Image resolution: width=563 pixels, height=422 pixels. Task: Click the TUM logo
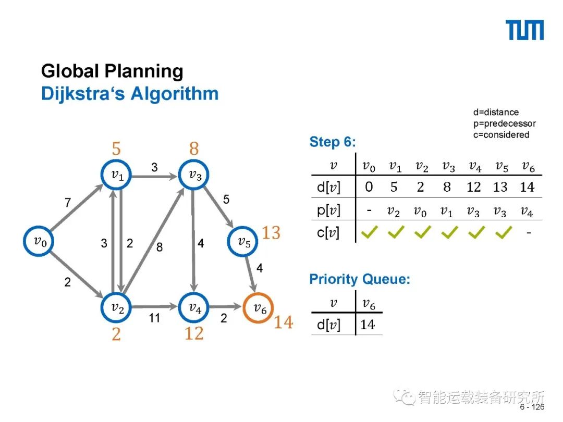(x=525, y=30)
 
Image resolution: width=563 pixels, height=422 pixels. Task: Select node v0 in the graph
(x=39, y=241)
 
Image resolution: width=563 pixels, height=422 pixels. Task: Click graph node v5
(x=244, y=241)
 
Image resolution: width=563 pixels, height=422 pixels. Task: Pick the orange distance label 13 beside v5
(x=271, y=233)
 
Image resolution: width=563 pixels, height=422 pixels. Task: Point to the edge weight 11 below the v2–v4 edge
(x=154, y=317)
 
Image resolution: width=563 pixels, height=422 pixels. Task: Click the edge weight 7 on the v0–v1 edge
(x=68, y=203)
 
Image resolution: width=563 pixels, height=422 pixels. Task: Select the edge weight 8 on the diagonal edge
(x=160, y=247)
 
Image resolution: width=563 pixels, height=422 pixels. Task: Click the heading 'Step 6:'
(x=333, y=142)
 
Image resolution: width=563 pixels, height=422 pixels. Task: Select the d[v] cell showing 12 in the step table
(x=473, y=187)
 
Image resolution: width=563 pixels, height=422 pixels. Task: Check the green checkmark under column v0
(x=369, y=232)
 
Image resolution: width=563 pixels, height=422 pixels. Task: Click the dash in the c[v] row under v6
(x=528, y=233)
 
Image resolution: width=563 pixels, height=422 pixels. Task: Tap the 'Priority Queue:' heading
(x=360, y=279)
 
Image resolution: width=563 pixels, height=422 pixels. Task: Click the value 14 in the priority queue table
(x=368, y=325)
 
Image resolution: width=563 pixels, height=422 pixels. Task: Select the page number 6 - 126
(x=532, y=407)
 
